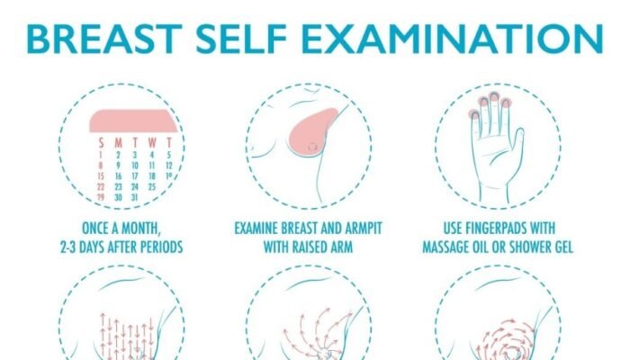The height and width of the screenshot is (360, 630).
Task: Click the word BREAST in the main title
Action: tap(104, 39)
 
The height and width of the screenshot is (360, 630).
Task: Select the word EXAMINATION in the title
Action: tap(452, 39)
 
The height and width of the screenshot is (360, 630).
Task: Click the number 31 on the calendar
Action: tap(134, 197)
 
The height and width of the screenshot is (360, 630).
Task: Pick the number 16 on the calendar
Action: tap(118, 176)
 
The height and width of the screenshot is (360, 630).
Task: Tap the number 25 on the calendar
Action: tap(151, 187)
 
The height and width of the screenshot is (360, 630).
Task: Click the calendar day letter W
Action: tap(152, 142)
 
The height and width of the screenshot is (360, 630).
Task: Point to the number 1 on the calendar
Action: tap(101, 155)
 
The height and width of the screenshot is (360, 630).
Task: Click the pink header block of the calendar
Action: tap(133, 121)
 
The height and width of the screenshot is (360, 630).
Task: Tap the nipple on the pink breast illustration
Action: tap(312, 147)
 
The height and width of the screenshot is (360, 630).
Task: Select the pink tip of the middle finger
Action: tap(494, 97)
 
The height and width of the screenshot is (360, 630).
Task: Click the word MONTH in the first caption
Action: tap(140, 229)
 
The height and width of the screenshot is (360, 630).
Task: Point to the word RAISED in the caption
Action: tap(310, 247)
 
